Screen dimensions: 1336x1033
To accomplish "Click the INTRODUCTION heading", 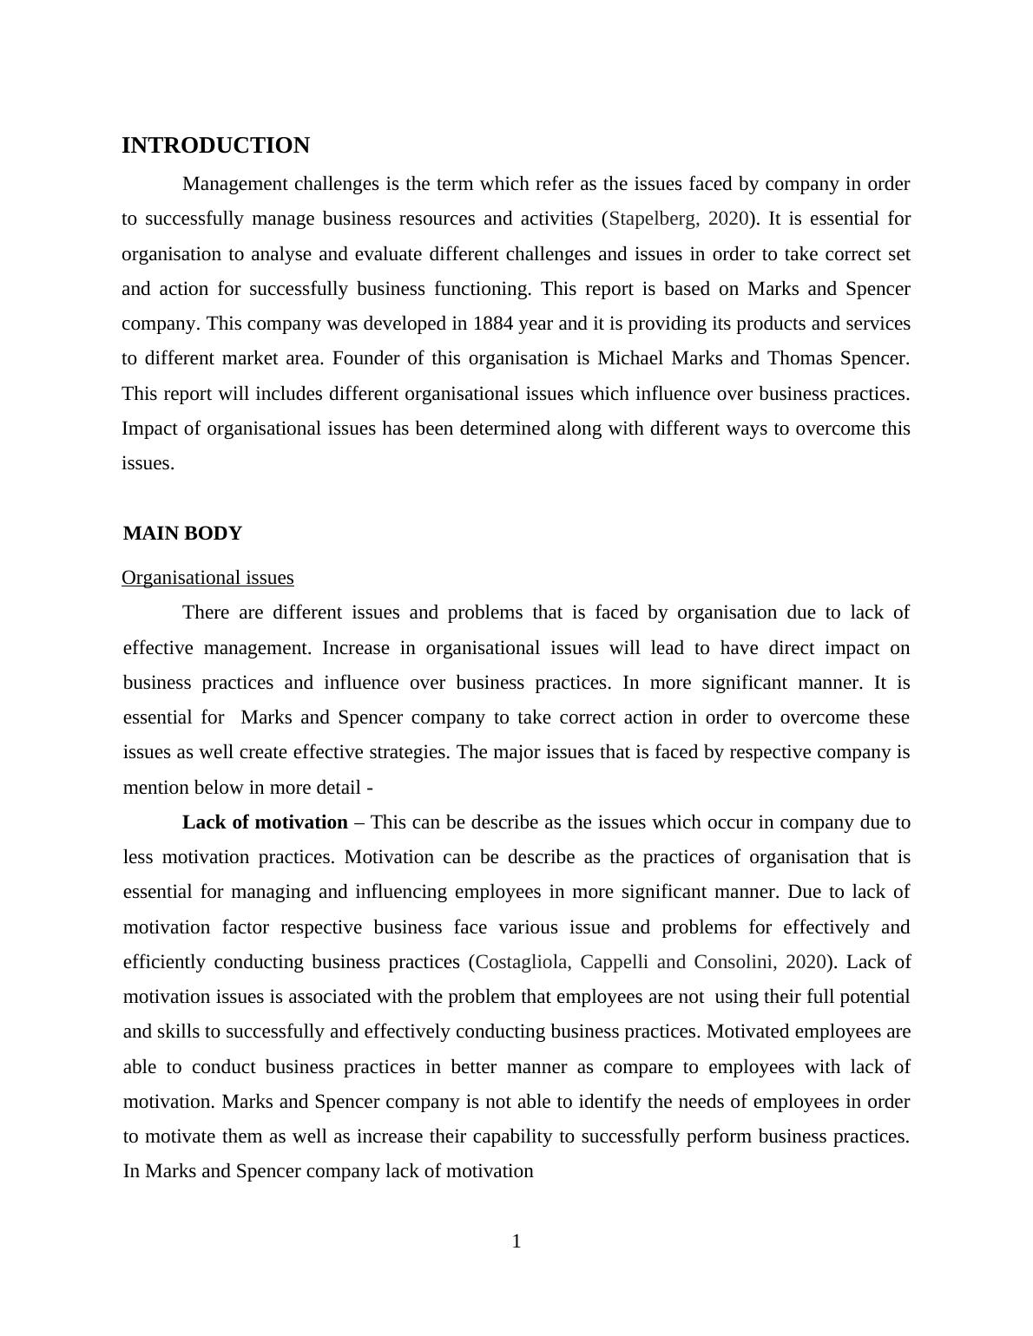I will click(215, 146).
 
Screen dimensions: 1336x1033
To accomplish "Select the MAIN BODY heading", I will click(182, 534).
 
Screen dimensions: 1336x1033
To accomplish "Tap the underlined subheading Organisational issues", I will click(207, 578).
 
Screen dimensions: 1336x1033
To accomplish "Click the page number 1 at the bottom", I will click(516, 1241).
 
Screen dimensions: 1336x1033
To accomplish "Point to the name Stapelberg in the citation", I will click(652, 219).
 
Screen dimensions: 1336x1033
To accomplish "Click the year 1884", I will click(494, 324).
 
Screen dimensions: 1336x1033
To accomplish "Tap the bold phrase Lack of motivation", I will click(265, 822).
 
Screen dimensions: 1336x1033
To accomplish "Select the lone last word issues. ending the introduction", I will click(148, 463).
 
